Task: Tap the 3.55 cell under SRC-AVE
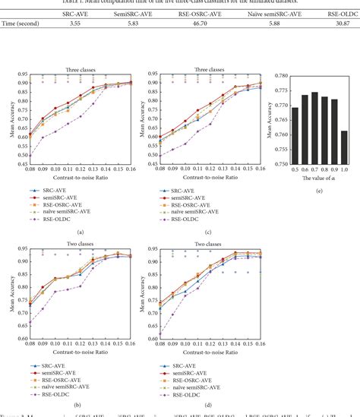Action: [74, 25]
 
